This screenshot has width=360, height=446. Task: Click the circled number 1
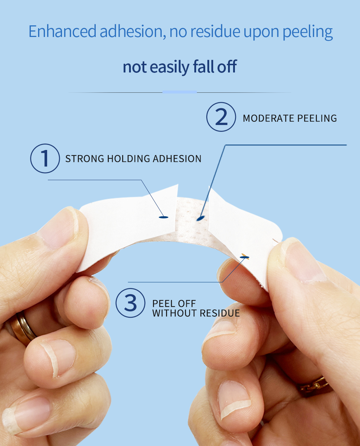pos(45,158)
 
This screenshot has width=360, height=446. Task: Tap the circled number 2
pos(221,117)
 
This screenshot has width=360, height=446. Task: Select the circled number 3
pos(131,303)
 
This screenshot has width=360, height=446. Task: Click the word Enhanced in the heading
pos(62,31)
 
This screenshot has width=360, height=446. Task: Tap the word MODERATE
pos(269,118)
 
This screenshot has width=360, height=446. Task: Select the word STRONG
pos(84,159)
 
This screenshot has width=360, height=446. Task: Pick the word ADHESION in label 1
pos(177,159)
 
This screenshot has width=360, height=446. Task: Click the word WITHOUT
pos(174,313)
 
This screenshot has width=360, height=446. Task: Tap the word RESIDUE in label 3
pos(220,313)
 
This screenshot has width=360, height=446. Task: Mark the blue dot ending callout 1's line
pos(164,217)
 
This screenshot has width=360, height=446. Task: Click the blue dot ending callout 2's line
pos(200,218)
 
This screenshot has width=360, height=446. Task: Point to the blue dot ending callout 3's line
pos(244,257)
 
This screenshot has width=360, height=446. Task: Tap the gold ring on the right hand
pos(313,386)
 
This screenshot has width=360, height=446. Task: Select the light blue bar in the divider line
pos(179,92)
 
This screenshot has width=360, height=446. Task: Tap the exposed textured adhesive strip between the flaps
pos(192,220)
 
